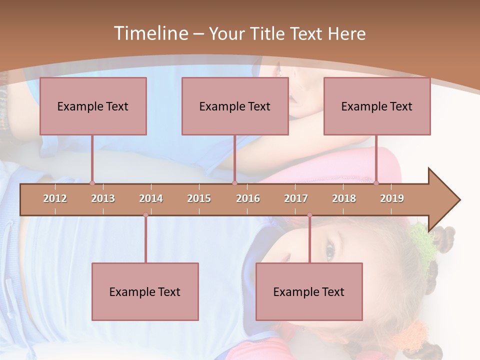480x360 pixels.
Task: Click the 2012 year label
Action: pyautogui.click(x=55, y=198)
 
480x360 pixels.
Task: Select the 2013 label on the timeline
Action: pyautogui.click(x=103, y=198)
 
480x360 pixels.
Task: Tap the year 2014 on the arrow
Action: pyautogui.click(x=151, y=198)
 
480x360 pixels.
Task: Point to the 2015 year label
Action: pyautogui.click(x=199, y=198)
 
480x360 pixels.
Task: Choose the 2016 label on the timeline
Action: pyautogui.click(x=248, y=198)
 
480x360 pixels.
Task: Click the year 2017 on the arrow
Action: pyautogui.click(x=296, y=198)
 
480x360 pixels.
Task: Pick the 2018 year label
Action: pyautogui.click(x=344, y=198)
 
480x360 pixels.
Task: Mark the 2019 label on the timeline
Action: pyautogui.click(x=392, y=198)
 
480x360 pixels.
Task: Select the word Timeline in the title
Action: pyautogui.click(x=149, y=33)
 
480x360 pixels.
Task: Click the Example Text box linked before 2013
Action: pyautogui.click(x=93, y=106)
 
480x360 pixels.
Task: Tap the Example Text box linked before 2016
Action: pyautogui.click(x=235, y=106)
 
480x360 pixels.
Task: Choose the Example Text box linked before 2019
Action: pyautogui.click(x=377, y=106)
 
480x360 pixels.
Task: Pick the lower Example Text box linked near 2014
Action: pyautogui.click(x=145, y=291)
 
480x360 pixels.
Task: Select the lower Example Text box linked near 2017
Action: pyautogui.click(x=309, y=291)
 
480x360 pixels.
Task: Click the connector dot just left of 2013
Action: pyautogui.click(x=92, y=183)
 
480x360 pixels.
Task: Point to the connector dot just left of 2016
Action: pyautogui.click(x=234, y=183)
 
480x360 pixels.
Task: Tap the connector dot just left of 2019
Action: pyautogui.click(x=376, y=183)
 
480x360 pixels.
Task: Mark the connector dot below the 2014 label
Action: pyautogui.click(x=145, y=215)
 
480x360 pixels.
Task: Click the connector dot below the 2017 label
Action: pyautogui.click(x=309, y=215)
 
